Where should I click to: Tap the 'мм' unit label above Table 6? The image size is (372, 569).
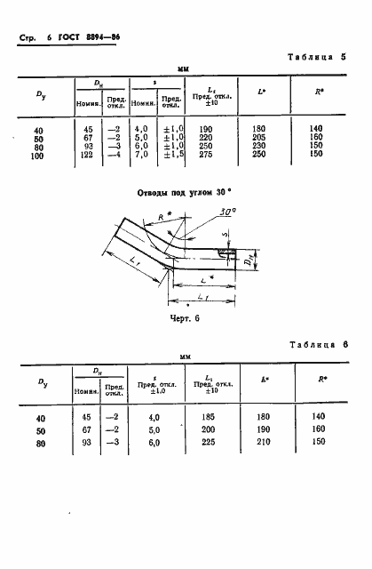[186, 356]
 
